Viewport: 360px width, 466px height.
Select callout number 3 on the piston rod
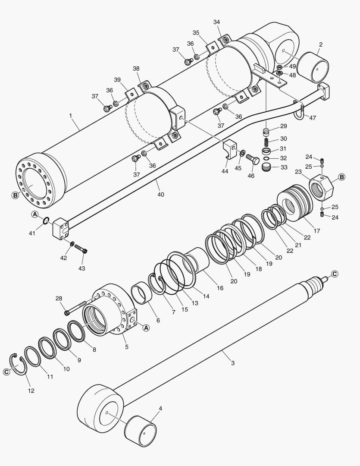[233, 363]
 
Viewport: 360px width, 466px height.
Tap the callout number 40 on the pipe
[160, 194]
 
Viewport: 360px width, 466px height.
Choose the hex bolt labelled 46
[253, 161]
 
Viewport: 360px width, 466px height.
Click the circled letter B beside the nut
[341, 177]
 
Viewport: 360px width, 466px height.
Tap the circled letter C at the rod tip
[335, 274]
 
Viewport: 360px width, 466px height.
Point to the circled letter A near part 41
[34, 214]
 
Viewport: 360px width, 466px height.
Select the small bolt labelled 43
[81, 249]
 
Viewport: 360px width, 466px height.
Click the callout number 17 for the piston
[317, 231]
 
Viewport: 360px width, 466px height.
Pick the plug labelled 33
[269, 166]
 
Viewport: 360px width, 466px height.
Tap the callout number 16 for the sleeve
[220, 288]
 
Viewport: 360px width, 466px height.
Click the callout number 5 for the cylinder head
[127, 346]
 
